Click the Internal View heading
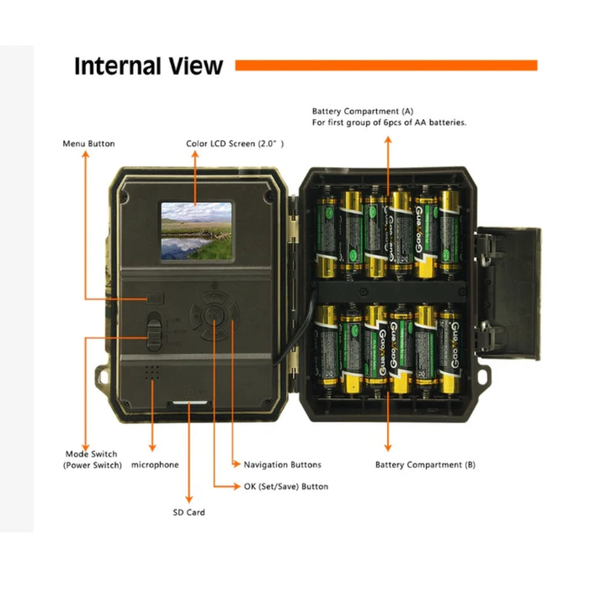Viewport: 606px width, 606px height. [148, 65]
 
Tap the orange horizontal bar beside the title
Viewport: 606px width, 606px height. [386, 65]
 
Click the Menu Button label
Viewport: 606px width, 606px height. [88, 144]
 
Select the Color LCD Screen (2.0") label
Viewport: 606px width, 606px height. [235, 144]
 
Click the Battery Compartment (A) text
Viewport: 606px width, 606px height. [362, 112]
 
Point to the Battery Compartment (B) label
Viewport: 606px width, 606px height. [425, 465]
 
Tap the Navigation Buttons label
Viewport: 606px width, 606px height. [282, 465]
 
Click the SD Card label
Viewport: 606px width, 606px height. [189, 512]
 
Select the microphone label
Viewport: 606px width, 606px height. [155, 465]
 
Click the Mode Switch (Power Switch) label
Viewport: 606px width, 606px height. [92, 459]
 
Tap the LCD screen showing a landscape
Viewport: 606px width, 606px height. [196, 231]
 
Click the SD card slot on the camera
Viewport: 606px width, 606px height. [190, 401]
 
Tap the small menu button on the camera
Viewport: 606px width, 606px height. [155, 298]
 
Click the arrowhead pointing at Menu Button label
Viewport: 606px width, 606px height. [85, 155]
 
